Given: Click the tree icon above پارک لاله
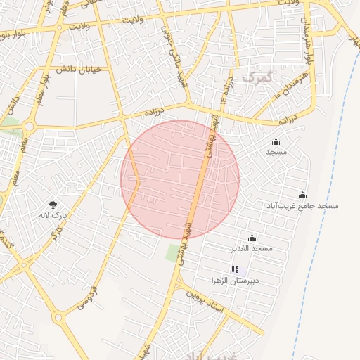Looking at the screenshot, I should click(53, 205).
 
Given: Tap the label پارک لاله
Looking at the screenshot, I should click(53, 215).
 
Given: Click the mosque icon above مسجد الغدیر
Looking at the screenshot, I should click(252, 238).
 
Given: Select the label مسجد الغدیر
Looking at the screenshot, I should click(252, 248).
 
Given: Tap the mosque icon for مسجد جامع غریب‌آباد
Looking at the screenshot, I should click(302, 195).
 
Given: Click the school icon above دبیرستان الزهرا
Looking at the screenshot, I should click(235, 269).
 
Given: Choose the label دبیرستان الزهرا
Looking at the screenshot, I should click(235, 280).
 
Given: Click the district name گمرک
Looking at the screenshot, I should click(255, 76).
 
